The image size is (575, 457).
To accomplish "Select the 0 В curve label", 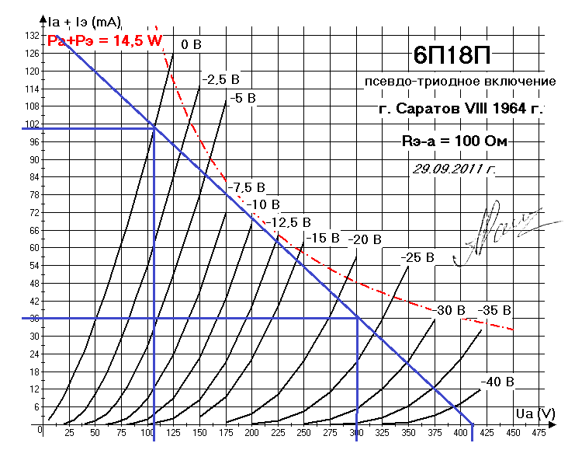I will point(191,44).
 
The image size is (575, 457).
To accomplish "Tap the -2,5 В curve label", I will point(220,79).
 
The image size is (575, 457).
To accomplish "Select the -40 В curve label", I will point(497,382).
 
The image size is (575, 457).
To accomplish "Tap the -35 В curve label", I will point(494,310).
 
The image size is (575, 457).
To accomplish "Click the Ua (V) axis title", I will point(535,413).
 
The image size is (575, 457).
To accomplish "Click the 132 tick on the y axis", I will point(32,37).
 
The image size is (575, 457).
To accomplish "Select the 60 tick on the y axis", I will point(33,248).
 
